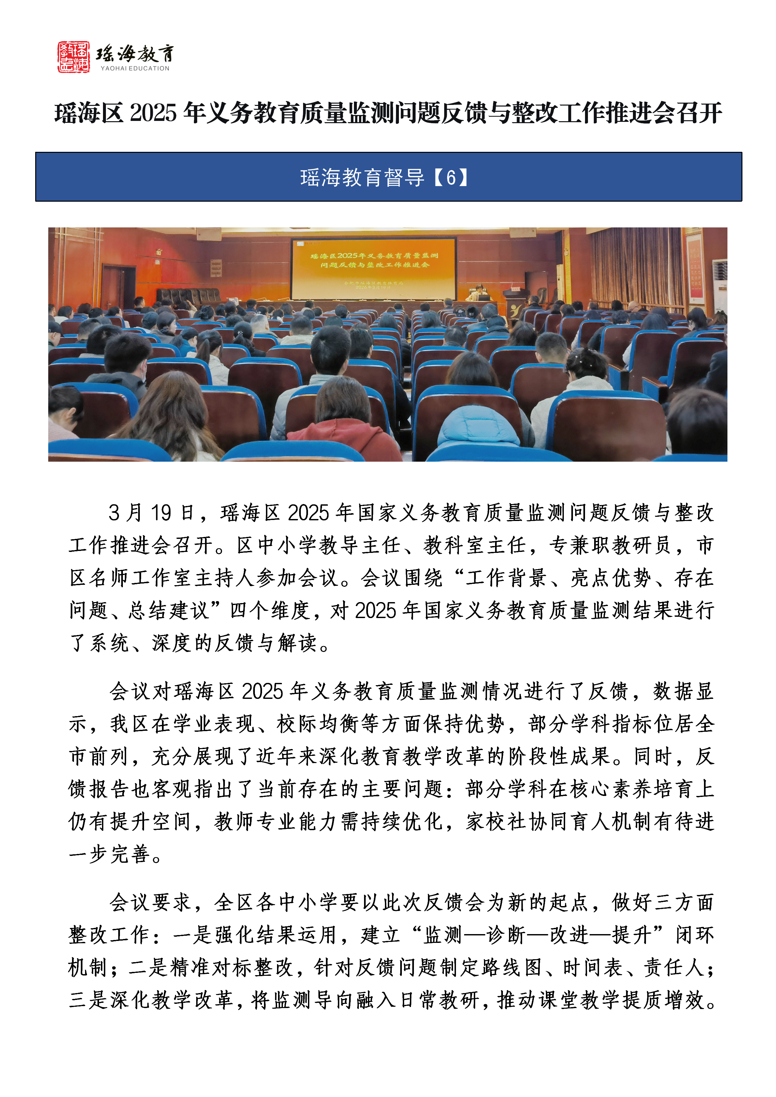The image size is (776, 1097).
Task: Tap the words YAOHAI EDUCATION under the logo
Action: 135,69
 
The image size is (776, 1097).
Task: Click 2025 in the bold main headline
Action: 153,114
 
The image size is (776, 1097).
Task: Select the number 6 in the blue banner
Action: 451,177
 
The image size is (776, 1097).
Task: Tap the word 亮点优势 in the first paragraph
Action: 610,578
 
